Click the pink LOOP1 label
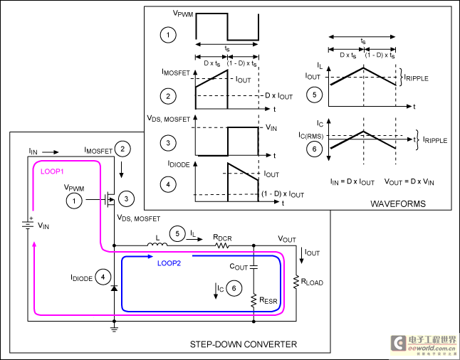click(x=52, y=171)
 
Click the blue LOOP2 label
click(x=169, y=263)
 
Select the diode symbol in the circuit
click(x=114, y=288)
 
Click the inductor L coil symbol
click(x=157, y=244)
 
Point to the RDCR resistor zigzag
click(x=223, y=245)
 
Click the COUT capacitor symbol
click(x=253, y=267)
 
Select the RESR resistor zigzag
click(x=253, y=301)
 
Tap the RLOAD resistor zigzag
click(x=296, y=282)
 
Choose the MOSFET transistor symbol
click(x=110, y=200)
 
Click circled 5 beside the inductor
click(x=177, y=233)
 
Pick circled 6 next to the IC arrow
click(x=234, y=288)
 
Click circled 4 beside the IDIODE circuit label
click(x=103, y=277)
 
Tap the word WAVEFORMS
click(x=398, y=203)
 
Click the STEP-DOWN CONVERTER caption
click(x=244, y=344)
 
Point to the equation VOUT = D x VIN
click(x=409, y=182)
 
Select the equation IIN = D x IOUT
click(x=352, y=182)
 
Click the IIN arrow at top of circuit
click(x=50, y=152)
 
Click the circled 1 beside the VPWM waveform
click(x=168, y=35)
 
